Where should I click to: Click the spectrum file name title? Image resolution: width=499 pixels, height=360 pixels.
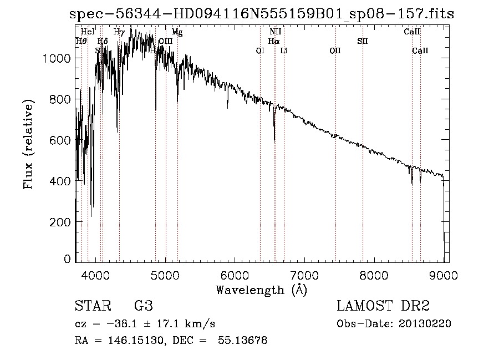[x=261, y=14]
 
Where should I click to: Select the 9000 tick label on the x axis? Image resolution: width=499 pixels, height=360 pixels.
[x=443, y=275]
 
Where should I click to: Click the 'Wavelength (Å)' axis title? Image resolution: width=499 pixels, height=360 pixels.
[x=261, y=290]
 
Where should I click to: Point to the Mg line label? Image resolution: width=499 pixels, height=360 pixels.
[x=177, y=32]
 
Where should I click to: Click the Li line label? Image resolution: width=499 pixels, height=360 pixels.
[x=284, y=50]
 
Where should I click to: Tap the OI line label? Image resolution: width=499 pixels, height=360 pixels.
[x=259, y=50]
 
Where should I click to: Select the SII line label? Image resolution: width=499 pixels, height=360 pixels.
[x=363, y=41]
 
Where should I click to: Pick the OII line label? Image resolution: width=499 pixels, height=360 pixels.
[x=335, y=50]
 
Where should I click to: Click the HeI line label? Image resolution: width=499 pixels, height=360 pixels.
[x=88, y=32]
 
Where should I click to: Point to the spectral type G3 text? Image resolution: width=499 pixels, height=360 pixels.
[x=143, y=306]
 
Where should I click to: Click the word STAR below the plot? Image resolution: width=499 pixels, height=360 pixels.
[x=92, y=306]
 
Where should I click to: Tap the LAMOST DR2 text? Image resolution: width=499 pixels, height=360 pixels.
[x=383, y=306]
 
